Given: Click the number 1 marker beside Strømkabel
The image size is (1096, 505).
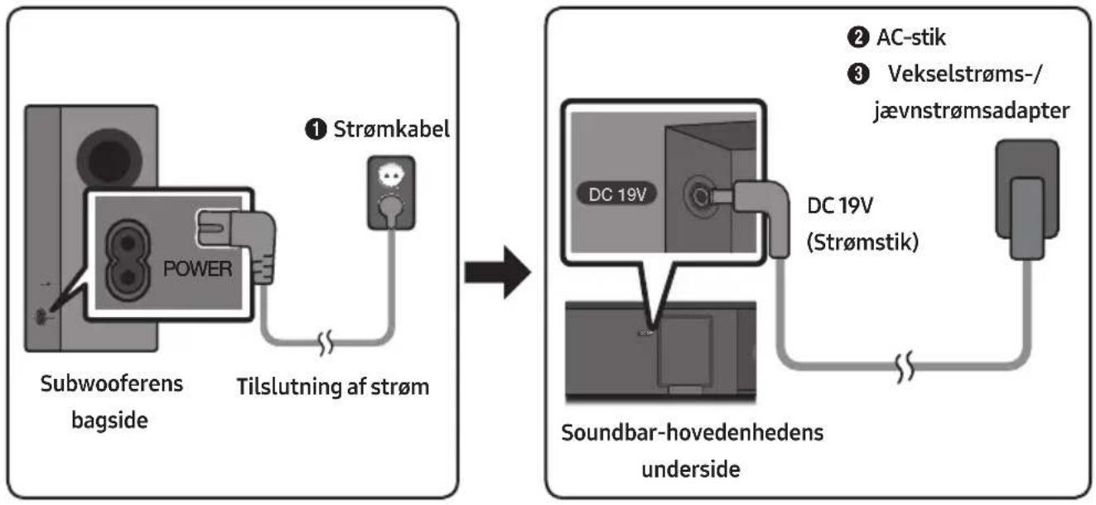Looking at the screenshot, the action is click(x=316, y=129).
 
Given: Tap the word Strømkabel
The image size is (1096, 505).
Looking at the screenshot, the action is click(x=391, y=129).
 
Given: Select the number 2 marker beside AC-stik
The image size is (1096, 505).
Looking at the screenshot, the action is click(x=857, y=37).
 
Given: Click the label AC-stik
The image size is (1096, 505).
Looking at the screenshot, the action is click(x=911, y=37).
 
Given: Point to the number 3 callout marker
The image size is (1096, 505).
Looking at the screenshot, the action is click(x=857, y=75).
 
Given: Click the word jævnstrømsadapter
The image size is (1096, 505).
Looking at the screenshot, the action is click(x=972, y=111).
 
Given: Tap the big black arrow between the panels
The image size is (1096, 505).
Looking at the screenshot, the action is click(x=498, y=272).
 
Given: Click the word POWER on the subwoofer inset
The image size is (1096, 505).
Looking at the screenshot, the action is click(x=198, y=268).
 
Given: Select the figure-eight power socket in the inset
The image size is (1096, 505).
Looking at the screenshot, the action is click(x=128, y=260).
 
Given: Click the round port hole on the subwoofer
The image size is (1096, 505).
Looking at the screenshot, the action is click(x=109, y=159).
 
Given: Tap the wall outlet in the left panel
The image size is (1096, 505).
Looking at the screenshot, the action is click(x=391, y=192).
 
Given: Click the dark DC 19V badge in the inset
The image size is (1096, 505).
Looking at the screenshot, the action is click(x=617, y=194).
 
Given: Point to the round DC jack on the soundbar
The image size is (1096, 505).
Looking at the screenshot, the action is click(x=698, y=196).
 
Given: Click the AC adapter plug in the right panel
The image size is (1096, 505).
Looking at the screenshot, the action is click(x=1027, y=199).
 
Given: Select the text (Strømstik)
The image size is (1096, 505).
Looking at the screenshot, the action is click(x=862, y=242).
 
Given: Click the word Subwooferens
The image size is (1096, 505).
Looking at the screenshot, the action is click(x=112, y=384).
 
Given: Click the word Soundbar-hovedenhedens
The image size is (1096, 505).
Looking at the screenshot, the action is click(x=693, y=433).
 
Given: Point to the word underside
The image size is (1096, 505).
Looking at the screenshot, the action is click(x=691, y=469).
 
